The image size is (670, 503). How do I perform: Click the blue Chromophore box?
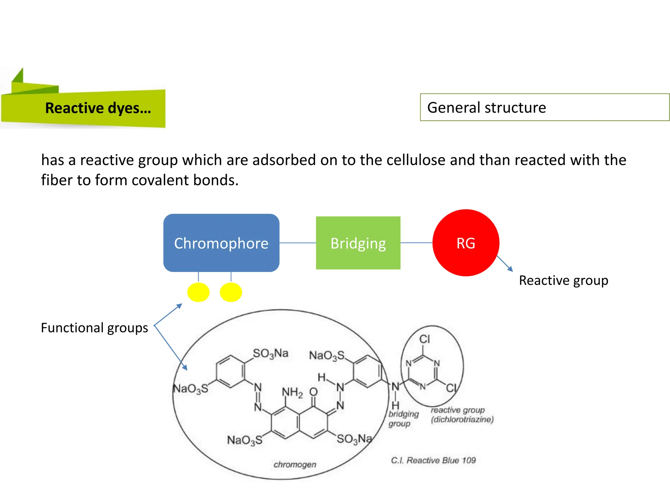(x=221, y=243)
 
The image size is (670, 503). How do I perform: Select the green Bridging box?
(x=358, y=243)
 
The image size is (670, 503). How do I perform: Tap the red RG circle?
(x=466, y=243)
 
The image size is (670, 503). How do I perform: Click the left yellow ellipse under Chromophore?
(x=198, y=292)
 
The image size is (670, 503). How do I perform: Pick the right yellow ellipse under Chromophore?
(x=231, y=292)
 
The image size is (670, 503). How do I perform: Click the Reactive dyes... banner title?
(x=98, y=108)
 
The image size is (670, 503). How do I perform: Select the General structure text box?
(x=544, y=107)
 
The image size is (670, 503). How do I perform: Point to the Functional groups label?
(x=94, y=328)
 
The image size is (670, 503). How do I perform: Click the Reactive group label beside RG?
(x=563, y=281)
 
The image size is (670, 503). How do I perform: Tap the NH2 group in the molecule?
(x=292, y=392)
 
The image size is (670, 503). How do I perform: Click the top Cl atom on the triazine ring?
(x=425, y=339)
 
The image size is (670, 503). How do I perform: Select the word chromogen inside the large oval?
(x=295, y=464)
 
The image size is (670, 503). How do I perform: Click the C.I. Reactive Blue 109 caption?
(x=433, y=460)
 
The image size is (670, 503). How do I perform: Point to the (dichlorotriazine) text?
(x=462, y=419)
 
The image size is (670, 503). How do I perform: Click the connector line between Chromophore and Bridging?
(x=297, y=243)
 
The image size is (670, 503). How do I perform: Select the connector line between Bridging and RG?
(x=416, y=243)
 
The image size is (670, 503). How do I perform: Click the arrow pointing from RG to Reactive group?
(x=505, y=264)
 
